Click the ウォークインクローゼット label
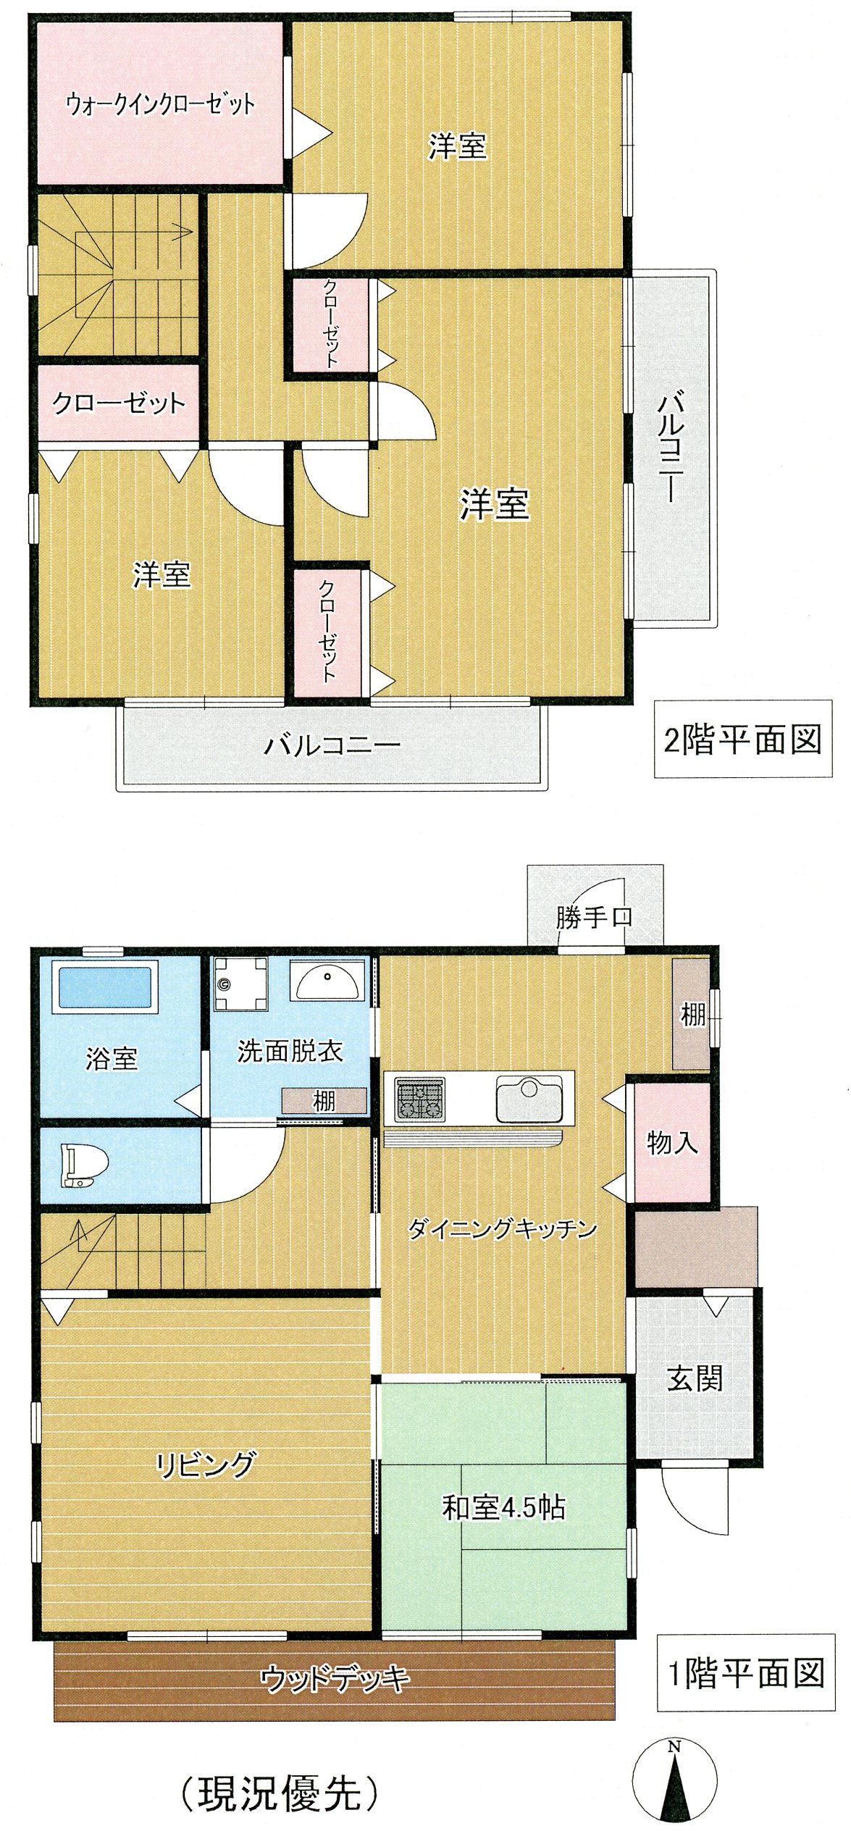[x=160, y=104]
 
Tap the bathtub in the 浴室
[x=106, y=986]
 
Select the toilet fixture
[x=85, y=1165]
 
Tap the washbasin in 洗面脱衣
[x=328, y=981]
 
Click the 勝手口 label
[x=594, y=918]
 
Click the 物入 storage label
[x=672, y=1143]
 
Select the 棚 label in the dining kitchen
[x=692, y=1015]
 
